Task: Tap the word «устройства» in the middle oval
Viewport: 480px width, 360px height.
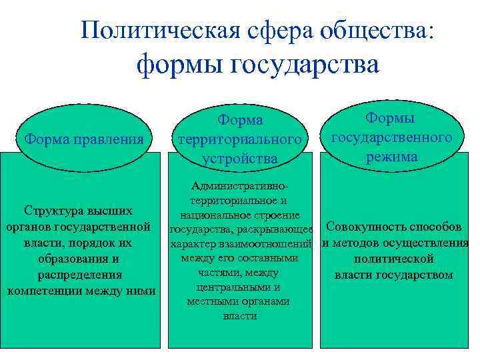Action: point(241,159)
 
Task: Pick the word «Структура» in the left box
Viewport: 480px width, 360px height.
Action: point(53,211)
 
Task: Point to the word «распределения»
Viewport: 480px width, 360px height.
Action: point(80,275)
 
